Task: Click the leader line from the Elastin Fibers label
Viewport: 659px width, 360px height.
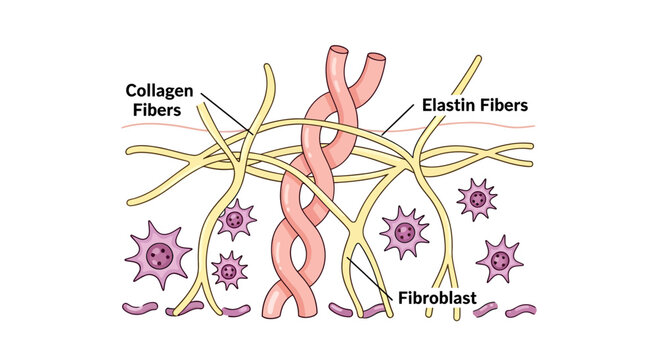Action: click(395, 120)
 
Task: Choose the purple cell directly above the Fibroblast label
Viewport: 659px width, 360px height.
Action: click(405, 232)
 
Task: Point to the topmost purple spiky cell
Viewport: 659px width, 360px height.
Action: click(477, 199)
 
